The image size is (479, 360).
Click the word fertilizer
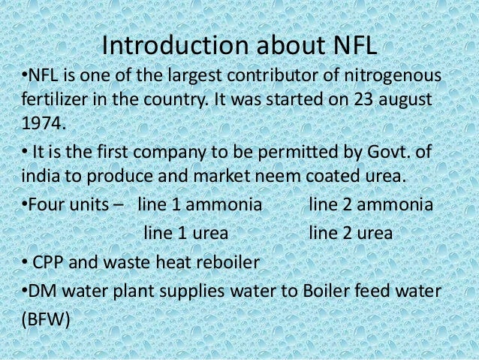click(x=52, y=98)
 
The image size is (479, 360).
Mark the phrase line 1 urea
click(x=185, y=233)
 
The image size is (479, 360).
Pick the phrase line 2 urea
click(x=351, y=233)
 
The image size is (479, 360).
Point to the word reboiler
click(x=226, y=262)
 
